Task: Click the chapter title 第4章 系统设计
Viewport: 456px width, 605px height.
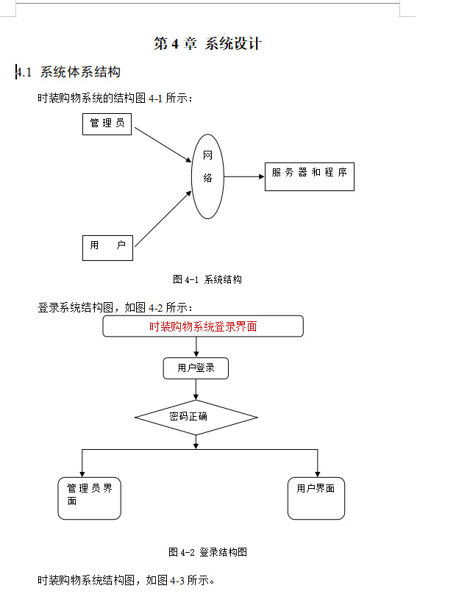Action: tap(207, 43)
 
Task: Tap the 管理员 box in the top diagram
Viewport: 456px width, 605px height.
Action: tap(107, 123)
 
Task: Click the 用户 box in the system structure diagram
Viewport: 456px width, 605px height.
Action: tap(107, 246)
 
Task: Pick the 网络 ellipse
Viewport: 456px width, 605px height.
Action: tap(207, 176)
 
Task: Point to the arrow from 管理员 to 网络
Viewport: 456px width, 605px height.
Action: tap(163, 144)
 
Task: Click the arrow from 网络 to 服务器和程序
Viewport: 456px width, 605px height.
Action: tap(243, 176)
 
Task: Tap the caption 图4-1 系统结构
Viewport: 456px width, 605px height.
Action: tap(207, 279)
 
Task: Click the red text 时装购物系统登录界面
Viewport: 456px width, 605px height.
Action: tap(203, 326)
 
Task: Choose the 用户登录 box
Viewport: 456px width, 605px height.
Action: tap(196, 368)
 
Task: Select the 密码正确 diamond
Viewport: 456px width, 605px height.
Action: tap(196, 417)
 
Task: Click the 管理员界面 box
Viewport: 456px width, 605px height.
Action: tap(89, 498)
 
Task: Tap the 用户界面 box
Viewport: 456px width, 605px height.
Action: tap(316, 498)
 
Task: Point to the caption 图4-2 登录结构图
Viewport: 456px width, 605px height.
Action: tap(207, 552)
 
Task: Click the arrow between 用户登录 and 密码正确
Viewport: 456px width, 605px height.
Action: tap(196, 389)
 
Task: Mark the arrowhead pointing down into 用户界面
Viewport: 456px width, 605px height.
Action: tap(318, 473)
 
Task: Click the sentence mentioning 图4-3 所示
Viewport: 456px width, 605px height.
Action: tap(127, 581)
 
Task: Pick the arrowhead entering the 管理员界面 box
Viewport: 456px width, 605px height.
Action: tap(82, 473)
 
